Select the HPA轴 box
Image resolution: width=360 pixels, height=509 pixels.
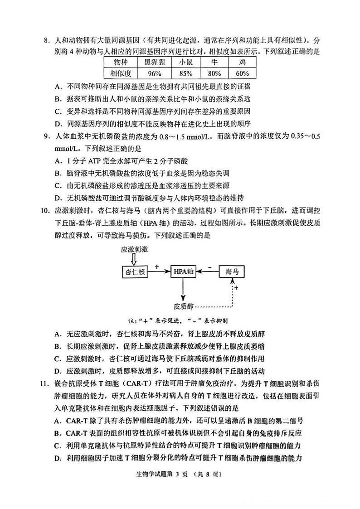click(183, 271)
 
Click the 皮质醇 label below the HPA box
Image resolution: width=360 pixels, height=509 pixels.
click(183, 305)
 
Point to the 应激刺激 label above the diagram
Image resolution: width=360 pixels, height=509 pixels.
click(135, 249)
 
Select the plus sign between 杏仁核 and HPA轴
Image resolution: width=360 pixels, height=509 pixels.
click(157, 267)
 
